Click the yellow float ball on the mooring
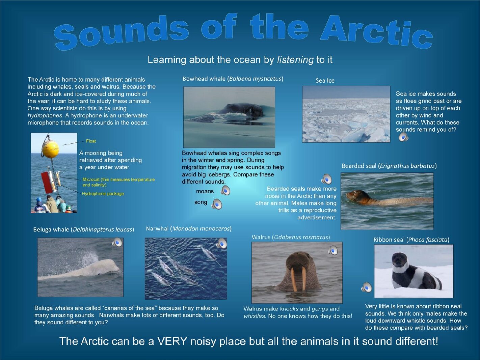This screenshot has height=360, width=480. pos(51,148)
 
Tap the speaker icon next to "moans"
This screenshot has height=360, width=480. pos(225,190)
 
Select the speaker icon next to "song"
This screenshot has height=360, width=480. pos(217,204)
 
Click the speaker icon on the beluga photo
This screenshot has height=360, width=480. pos(117,242)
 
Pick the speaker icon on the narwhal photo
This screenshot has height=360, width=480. pos(221,243)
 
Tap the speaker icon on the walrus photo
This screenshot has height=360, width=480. pos(333,250)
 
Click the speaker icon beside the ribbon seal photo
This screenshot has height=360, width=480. pos(367,287)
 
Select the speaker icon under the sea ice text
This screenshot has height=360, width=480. pos(403,137)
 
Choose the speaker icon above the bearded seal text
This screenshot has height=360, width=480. pos(326,179)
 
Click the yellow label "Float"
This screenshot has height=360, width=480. pos(91,141)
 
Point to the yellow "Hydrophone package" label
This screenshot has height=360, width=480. pos(103,194)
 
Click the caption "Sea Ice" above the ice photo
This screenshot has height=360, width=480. pos(325,80)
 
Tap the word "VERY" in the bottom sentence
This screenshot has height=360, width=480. pos(172,341)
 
